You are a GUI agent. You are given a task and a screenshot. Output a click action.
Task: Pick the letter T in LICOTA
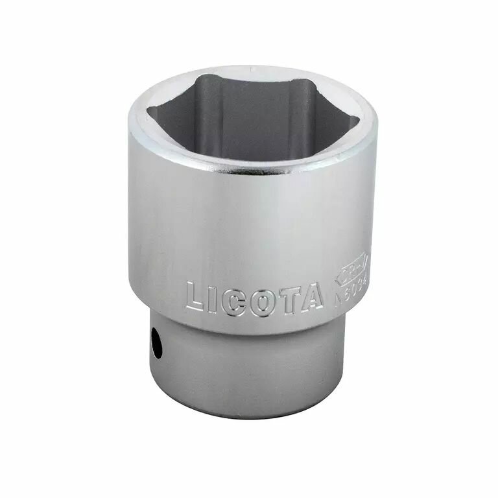(x=287, y=298)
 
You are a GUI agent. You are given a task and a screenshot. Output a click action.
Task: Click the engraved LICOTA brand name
(x=254, y=298)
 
